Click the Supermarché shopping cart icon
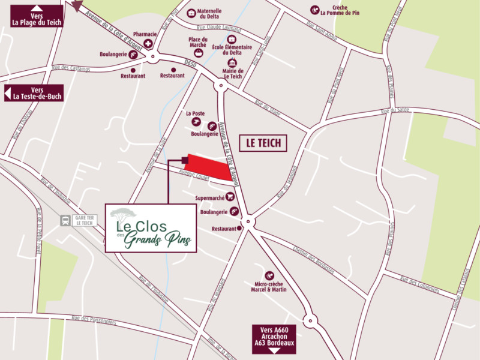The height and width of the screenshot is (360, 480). click(x=230, y=197)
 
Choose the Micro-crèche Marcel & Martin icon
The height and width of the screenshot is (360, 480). click(x=269, y=275)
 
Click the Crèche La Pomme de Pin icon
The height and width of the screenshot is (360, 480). click(x=314, y=10)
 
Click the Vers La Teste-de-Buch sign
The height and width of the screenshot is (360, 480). click(x=34, y=93)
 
